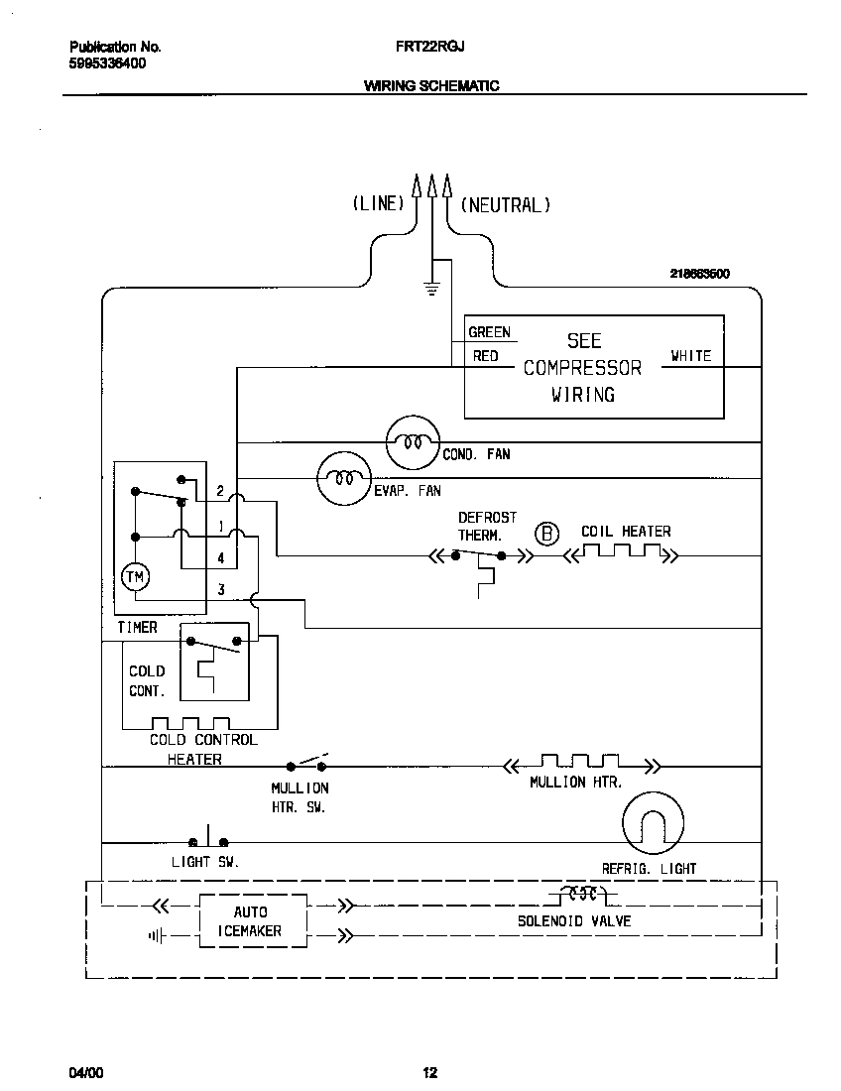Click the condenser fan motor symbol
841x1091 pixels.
point(412,442)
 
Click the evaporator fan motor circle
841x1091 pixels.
point(343,478)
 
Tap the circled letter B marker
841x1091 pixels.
point(546,534)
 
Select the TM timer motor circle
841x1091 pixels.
point(133,576)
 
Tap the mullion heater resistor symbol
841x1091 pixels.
point(581,765)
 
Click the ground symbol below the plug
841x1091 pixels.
point(431,289)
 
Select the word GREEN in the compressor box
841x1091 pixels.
point(489,332)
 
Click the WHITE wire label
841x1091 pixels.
point(690,355)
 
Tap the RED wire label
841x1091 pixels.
point(485,355)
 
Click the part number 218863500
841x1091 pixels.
point(699,274)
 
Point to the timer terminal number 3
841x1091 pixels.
point(220,590)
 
